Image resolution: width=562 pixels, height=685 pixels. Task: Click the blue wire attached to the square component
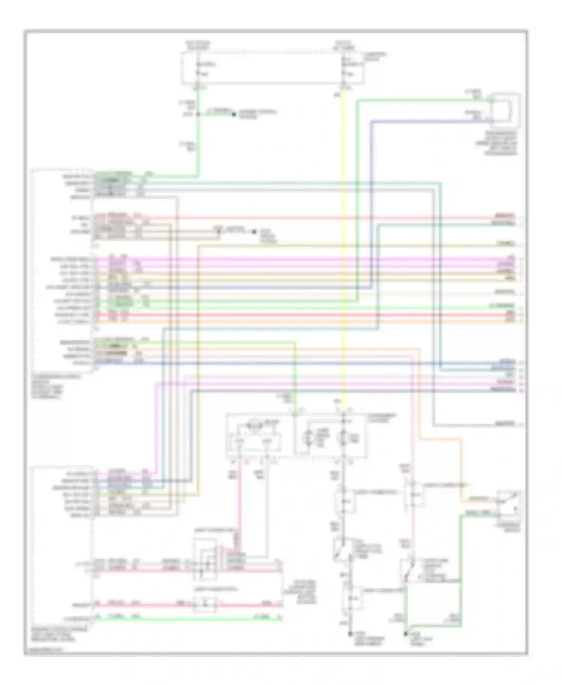(x=431, y=121)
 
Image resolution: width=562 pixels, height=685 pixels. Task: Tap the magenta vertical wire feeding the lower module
(x=156, y=427)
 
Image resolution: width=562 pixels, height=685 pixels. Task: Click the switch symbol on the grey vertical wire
(x=342, y=549)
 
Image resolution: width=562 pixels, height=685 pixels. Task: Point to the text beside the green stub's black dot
(x=258, y=114)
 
